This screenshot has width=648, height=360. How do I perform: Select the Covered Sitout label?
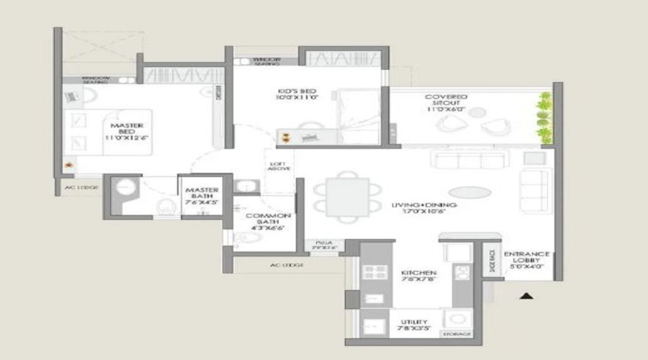(446, 102)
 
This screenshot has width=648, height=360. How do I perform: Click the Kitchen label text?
(418, 277)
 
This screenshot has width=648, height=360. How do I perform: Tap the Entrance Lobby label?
(527, 260)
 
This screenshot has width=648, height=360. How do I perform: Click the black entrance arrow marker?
(528, 295)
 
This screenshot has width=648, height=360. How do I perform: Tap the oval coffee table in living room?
(468, 192)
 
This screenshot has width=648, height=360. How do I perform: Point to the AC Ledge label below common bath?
(286, 266)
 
